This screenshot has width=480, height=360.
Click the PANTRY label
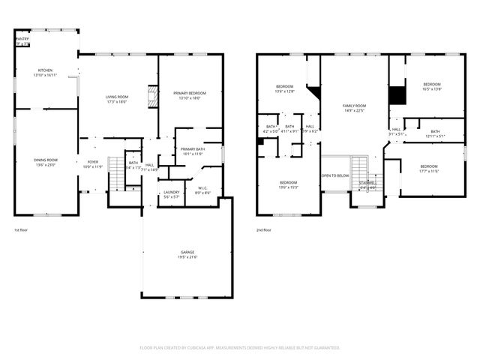point(22,38)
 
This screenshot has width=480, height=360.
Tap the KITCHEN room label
point(46,70)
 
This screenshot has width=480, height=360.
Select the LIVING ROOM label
point(116,97)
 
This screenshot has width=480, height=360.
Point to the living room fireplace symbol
point(152,97)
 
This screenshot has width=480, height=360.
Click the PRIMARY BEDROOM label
point(192,93)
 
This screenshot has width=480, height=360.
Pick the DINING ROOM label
point(46,160)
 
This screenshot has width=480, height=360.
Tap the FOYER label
point(93,162)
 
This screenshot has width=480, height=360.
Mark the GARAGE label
point(187,252)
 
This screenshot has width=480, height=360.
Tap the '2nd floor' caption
point(265,229)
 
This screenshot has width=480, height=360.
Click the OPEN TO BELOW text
point(335,175)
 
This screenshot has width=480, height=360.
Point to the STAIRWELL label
point(367,182)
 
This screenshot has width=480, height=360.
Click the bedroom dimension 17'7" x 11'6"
point(428,171)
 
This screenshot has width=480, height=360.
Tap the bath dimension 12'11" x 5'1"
point(435,136)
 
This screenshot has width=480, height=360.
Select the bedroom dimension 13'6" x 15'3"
point(289,187)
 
